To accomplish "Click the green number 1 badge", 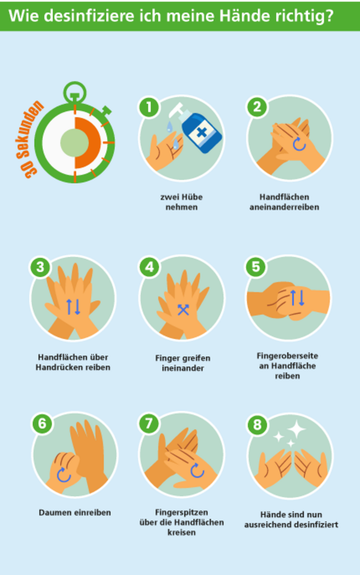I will (149, 107).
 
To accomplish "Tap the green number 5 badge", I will (256, 266).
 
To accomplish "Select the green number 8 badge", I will (256, 424).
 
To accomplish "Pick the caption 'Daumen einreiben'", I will (75, 512).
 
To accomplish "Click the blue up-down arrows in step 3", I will (73, 307).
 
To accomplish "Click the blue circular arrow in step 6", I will (63, 475).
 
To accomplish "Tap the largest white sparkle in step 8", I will (297, 430).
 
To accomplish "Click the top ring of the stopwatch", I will (75, 91).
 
